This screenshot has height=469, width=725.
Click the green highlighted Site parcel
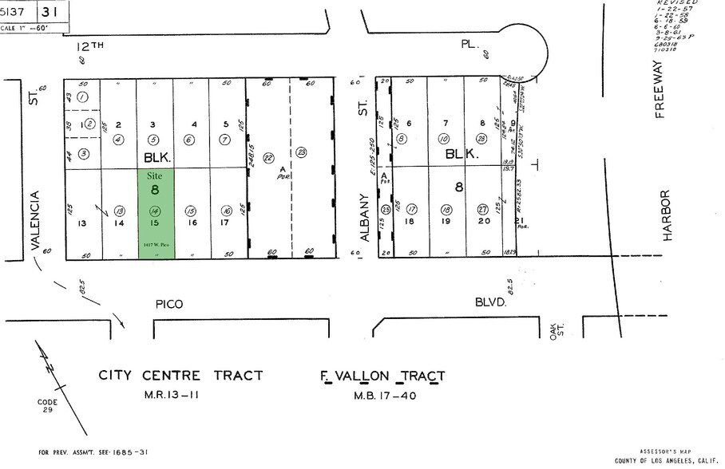(x=157, y=213)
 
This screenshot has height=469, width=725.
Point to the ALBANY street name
(x=366, y=216)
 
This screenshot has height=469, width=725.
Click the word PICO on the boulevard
(x=168, y=305)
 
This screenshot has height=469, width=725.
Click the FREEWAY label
(x=660, y=89)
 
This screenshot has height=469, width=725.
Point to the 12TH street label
(x=93, y=47)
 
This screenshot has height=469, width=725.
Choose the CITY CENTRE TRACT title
(x=180, y=375)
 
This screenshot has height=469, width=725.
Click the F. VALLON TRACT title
(x=382, y=376)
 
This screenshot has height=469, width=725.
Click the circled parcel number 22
(x=268, y=157)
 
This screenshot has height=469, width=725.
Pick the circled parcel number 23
(x=301, y=152)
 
